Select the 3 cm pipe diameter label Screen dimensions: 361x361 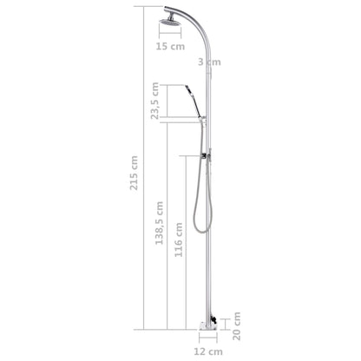pyautogui.click(x=209, y=62)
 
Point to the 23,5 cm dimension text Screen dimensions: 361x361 pyautogui.click(x=155, y=102)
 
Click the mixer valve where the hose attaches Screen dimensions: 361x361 pyautogui.click(x=207, y=157)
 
